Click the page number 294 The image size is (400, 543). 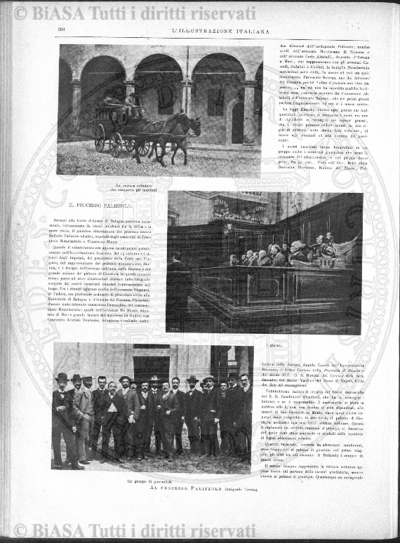61,29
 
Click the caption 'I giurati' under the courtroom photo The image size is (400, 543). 273,345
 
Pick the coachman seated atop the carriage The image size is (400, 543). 131,100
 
